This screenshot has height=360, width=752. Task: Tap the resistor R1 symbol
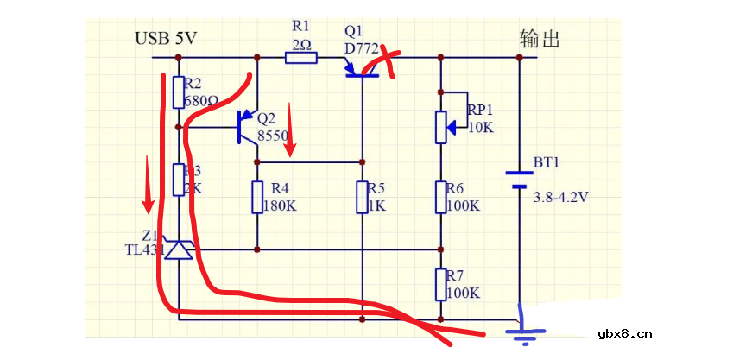click(301, 58)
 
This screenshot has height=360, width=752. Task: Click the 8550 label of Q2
click(272, 136)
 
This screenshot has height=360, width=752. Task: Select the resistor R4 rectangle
click(257, 197)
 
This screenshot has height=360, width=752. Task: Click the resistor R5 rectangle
click(363, 197)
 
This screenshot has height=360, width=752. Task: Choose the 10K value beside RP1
click(480, 127)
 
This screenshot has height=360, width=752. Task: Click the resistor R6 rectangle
click(440, 197)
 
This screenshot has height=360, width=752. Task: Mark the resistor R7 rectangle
click(440, 284)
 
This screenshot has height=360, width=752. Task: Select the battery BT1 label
click(547, 162)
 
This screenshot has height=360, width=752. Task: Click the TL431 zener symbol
click(179, 249)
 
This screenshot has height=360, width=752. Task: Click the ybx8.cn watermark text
click(625, 335)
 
